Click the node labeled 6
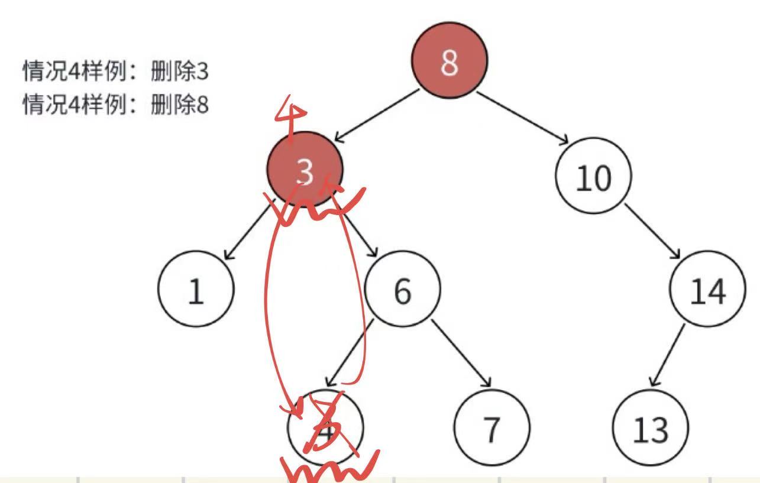pos(402,289)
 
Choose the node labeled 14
pos(707,289)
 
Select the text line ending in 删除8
pos(115,106)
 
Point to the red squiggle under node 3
pos(319,207)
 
